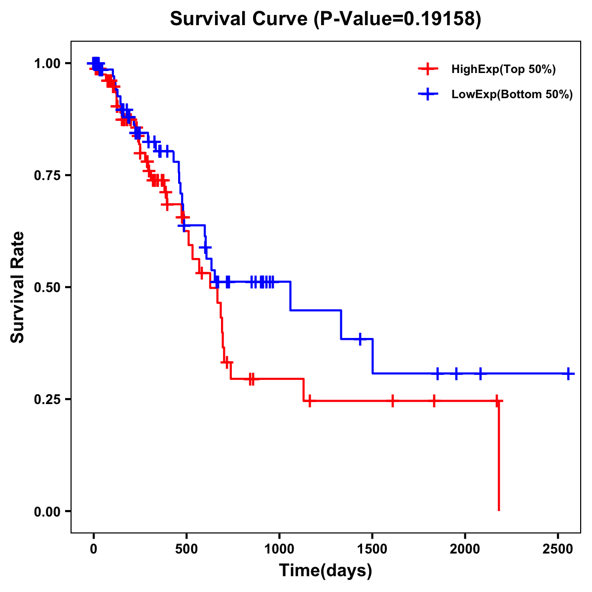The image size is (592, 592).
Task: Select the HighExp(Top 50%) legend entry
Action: (503, 69)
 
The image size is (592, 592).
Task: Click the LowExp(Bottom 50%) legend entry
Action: (512, 94)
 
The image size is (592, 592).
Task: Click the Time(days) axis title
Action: (325, 571)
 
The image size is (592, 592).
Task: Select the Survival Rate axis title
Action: (18, 287)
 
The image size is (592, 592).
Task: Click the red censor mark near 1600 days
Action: (392, 401)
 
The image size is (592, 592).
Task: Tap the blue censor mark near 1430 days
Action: (360, 339)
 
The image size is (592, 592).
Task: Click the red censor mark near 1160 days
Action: (309, 401)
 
